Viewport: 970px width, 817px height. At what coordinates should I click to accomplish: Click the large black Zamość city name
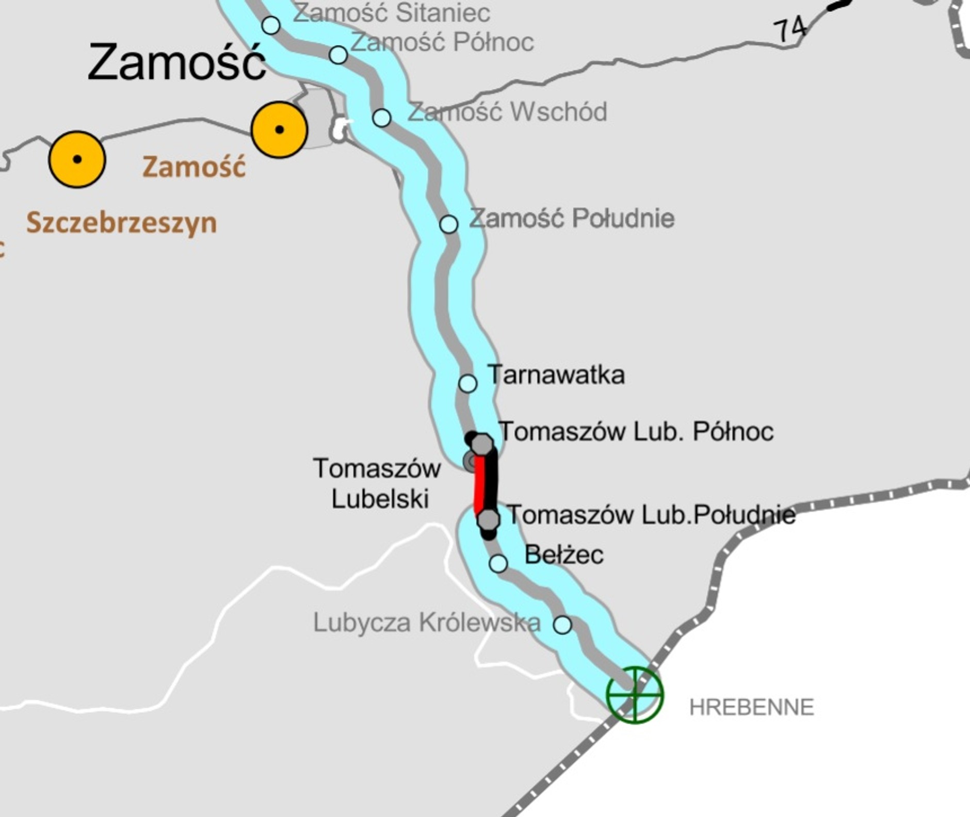point(176,62)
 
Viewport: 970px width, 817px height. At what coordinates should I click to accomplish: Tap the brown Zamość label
point(194,167)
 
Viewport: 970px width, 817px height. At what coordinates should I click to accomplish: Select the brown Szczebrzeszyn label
point(122,223)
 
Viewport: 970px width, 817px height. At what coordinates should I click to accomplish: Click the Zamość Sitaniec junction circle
point(271,25)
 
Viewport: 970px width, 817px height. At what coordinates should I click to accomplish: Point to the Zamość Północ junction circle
point(338,54)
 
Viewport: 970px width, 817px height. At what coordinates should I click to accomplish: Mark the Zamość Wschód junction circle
point(382,118)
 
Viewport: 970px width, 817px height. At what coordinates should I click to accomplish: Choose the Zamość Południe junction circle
point(449,224)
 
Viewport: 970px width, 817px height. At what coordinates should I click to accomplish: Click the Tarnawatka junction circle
point(467,384)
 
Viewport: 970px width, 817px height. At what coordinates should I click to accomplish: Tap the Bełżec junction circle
point(498,564)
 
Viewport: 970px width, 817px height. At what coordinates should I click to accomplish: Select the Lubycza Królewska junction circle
point(562,625)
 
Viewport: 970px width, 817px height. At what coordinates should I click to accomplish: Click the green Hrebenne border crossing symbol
point(634,694)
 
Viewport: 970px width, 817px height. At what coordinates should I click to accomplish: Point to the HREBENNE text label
point(751,707)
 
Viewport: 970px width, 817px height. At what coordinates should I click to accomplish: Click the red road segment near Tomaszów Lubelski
point(480,482)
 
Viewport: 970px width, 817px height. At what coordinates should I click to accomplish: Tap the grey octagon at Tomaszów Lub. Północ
point(482,444)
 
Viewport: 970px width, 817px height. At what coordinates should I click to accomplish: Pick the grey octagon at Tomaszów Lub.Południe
point(488,519)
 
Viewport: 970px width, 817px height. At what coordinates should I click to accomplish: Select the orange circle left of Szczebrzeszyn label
point(77,159)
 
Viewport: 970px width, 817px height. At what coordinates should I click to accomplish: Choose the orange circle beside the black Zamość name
point(279,129)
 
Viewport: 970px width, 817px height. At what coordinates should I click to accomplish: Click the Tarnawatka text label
point(556,375)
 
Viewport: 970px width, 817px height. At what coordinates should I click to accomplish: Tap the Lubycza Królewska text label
point(427,623)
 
